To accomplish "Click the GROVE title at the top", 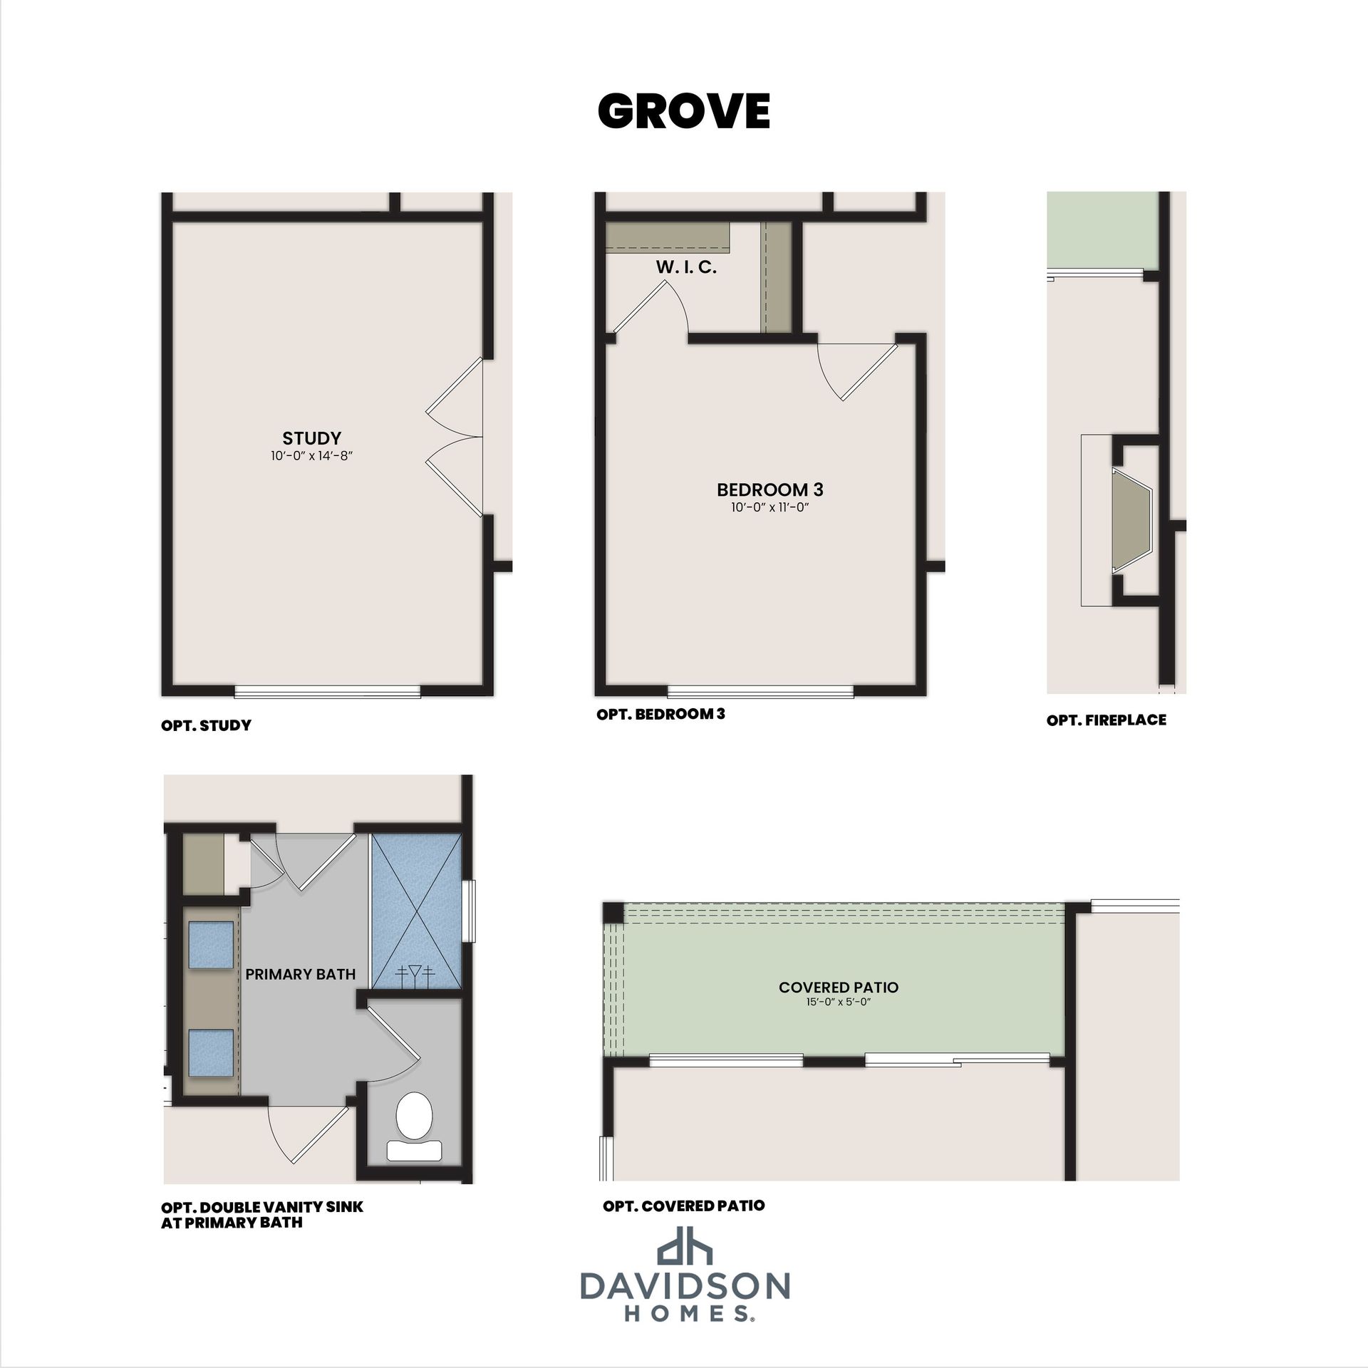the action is (684, 111).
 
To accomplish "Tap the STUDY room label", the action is (312, 438).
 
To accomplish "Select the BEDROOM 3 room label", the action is (770, 489).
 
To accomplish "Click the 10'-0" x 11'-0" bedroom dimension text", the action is (770, 508).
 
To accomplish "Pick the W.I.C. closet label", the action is (686, 268).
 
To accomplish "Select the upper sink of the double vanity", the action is (211, 945).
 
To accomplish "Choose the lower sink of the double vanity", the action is (211, 1052).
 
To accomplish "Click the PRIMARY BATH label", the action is (301, 974).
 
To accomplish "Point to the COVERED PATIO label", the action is (839, 988).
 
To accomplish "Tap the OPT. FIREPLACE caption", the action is (1107, 720).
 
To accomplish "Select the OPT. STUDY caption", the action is (207, 726).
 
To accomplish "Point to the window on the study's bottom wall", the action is (327, 691).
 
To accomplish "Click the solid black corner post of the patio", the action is (613, 913).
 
